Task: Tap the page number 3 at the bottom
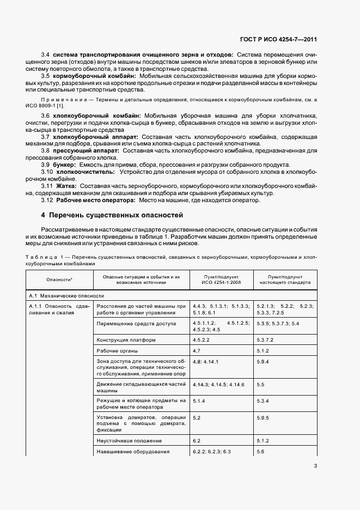coord(315,466)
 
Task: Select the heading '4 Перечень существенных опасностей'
coord(113,215)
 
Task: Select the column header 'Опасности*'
coord(59,280)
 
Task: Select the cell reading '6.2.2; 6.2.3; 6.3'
coord(212,452)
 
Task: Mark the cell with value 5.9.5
coord(264,418)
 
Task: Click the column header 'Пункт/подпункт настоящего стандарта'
coord(285,280)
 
